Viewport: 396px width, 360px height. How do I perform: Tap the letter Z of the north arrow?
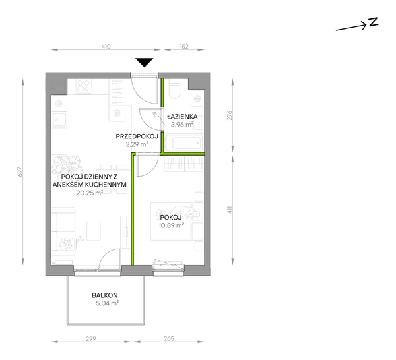(x=374, y=22)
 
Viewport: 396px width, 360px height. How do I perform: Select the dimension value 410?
(x=106, y=47)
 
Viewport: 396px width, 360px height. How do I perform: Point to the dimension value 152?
(x=184, y=47)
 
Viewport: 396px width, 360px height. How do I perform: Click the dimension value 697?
(x=20, y=172)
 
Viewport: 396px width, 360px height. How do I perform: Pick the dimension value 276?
(x=229, y=115)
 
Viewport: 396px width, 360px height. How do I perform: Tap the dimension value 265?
(x=169, y=338)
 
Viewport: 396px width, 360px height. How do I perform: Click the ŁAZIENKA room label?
(x=182, y=117)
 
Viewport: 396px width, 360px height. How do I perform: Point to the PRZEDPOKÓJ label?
(x=137, y=136)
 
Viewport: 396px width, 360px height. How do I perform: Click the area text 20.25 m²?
(x=89, y=193)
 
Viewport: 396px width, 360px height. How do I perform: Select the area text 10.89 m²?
(x=171, y=225)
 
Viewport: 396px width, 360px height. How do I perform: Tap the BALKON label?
(x=105, y=295)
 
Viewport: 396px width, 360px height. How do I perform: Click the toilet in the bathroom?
(x=174, y=90)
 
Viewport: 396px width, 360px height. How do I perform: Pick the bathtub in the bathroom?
(x=183, y=143)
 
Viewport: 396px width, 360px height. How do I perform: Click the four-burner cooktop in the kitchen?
(x=84, y=86)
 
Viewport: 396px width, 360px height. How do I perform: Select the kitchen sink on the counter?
(x=60, y=120)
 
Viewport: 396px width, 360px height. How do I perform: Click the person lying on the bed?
(x=178, y=212)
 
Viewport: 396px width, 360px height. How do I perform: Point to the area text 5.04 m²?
(x=108, y=303)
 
